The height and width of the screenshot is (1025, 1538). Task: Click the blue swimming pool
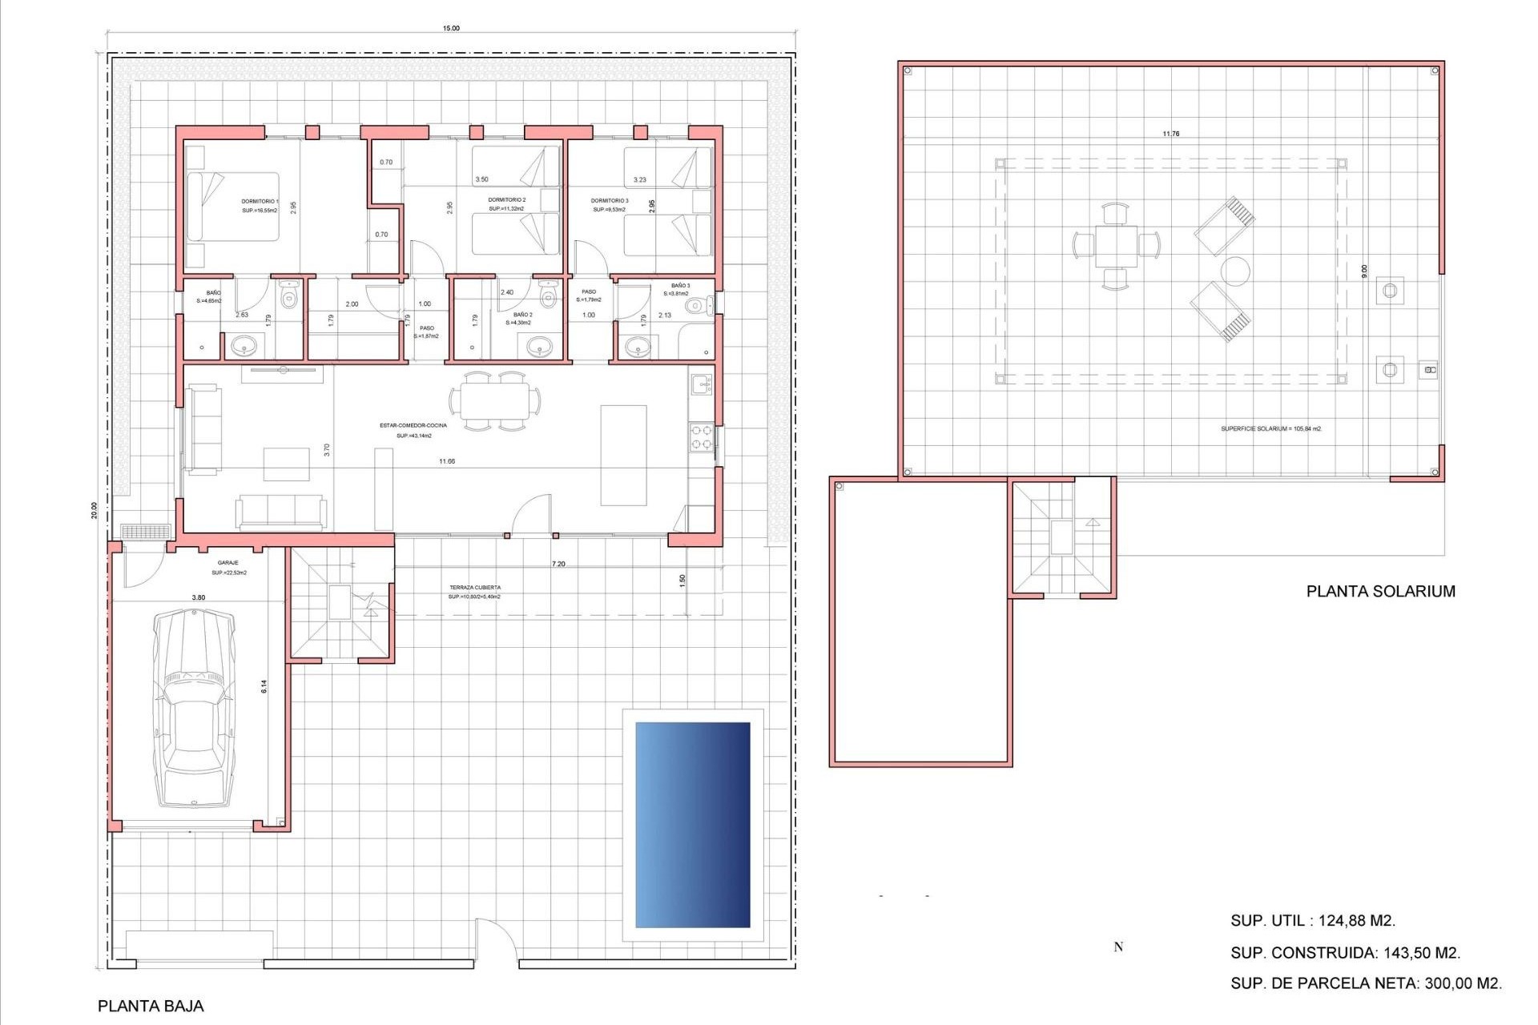[693, 825]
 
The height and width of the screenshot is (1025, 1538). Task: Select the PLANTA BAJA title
[151, 1006]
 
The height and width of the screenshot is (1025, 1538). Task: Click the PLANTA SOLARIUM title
[1380, 591]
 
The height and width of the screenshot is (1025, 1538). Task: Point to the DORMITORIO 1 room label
[260, 202]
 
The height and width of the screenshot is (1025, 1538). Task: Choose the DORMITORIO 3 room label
[609, 201]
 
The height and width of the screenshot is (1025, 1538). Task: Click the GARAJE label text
[228, 563]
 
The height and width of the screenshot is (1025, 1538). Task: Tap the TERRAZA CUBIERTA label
[475, 588]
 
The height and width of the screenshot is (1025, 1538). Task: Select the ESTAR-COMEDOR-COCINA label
[413, 425]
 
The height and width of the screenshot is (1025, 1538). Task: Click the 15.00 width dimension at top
[451, 28]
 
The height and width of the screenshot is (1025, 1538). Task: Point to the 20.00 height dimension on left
[94, 510]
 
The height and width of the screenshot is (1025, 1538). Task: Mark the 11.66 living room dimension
[447, 461]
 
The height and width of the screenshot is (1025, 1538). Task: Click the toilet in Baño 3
[699, 305]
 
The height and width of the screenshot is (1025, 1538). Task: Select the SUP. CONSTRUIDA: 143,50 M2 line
[1345, 953]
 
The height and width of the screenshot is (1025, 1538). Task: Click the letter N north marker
[1118, 947]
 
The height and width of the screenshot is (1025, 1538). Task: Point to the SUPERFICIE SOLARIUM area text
[1270, 428]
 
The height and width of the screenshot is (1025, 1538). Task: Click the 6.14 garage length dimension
[264, 686]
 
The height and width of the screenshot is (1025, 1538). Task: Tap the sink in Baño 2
[540, 347]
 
